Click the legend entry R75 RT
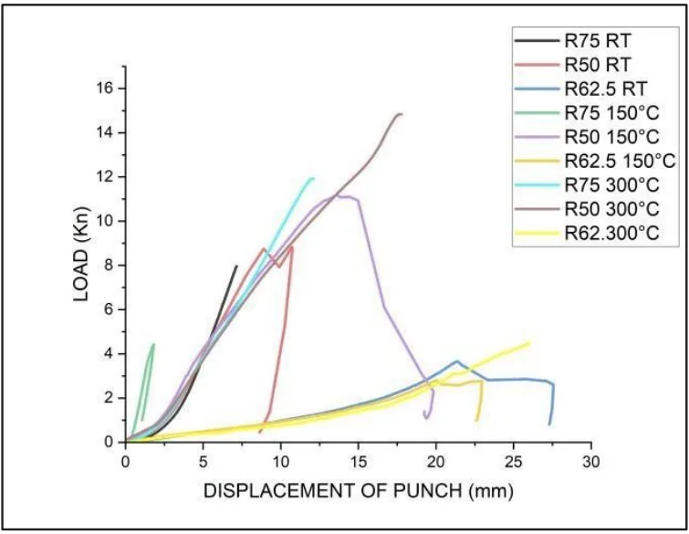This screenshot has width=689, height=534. pos(597,41)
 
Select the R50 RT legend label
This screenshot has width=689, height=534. pos(597,65)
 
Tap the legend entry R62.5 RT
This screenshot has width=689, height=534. pos(604,89)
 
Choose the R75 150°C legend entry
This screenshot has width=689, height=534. pos(611,112)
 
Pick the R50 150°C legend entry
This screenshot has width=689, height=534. pos(611,137)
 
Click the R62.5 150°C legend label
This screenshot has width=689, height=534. pos(617,161)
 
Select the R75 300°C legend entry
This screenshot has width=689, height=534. pos(611,184)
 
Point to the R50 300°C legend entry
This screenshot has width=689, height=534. pos(611,208)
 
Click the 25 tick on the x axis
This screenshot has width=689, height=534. pos(514,462)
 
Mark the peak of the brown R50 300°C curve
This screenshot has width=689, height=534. pos(399,114)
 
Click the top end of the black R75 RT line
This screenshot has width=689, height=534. pos(237,266)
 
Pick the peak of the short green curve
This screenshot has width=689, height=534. pos(153,344)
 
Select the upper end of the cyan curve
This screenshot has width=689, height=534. pos(312,178)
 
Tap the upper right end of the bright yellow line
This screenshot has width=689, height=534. pos(529,343)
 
